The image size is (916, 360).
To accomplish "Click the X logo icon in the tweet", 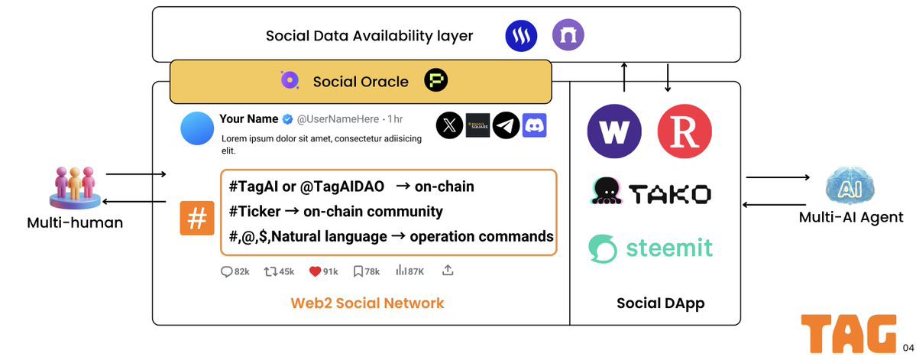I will [x=449, y=125].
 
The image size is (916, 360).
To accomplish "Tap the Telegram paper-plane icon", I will [x=506, y=125].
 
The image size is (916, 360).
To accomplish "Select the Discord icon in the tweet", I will [x=534, y=125].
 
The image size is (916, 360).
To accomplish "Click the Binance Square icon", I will [x=477, y=125].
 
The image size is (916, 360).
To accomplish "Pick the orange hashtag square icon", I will [x=196, y=219].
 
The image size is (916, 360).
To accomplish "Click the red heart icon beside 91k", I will [x=315, y=271].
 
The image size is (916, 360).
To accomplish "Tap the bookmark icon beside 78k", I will [x=358, y=271].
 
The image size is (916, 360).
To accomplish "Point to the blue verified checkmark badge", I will [x=287, y=119].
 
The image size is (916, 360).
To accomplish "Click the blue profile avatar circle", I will [x=196, y=128].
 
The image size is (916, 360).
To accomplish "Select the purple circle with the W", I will [x=613, y=131].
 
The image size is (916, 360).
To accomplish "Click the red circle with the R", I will [x=685, y=131].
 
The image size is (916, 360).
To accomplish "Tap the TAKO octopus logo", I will [x=607, y=192].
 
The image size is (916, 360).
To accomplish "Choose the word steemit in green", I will [x=669, y=248].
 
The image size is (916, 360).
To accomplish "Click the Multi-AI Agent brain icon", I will [x=850, y=186].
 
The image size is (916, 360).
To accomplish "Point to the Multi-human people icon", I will [x=73, y=186].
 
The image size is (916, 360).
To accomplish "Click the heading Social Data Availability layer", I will [x=369, y=36].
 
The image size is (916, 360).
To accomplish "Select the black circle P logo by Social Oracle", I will [x=436, y=80].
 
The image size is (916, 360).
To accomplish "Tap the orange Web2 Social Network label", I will [x=367, y=303].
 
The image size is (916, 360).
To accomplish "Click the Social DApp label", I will [x=660, y=303].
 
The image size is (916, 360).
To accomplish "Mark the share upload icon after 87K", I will [x=448, y=271].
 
